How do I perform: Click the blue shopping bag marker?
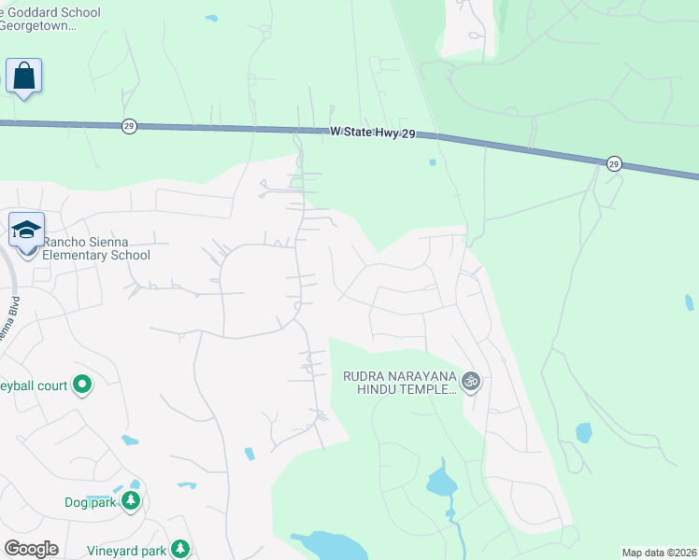point(23,76)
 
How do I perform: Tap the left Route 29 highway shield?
point(129,126)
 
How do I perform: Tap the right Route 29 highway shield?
point(613,163)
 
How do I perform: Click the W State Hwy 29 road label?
point(371,133)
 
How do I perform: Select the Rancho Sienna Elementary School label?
point(96,249)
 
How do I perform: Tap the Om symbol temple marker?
point(472,381)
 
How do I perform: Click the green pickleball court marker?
point(81,384)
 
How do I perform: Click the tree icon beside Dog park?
point(131,502)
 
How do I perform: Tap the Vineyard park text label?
point(126,551)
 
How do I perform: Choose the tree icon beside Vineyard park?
point(180,550)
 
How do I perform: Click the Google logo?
point(31,549)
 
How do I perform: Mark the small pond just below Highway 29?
point(432,162)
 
